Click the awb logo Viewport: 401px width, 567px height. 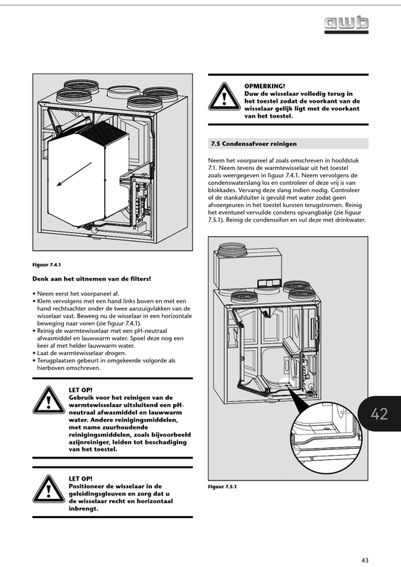(x=346, y=25)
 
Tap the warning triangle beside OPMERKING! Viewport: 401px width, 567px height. (x=224, y=96)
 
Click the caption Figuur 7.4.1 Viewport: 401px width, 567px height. (x=47, y=264)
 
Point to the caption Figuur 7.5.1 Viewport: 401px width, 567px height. (x=222, y=486)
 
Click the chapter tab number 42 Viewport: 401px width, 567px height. (x=379, y=414)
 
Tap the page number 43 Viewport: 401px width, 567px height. (x=365, y=560)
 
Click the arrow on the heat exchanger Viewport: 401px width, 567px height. (x=75, y=174)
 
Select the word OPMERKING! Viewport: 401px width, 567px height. (x=265, y=86)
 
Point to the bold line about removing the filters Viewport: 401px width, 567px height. (x=92, y=279)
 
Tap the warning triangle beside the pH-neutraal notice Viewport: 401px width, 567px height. (x=48, y=400)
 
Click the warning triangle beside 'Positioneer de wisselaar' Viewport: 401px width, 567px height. (x=48, y=489)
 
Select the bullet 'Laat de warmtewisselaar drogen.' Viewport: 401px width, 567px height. (x=79, y=353)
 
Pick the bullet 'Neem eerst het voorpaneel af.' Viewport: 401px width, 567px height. (x=76, y=293)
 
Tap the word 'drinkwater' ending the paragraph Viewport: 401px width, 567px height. (x=350, y=220)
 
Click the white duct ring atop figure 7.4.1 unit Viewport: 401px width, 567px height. (x=121, y=91)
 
